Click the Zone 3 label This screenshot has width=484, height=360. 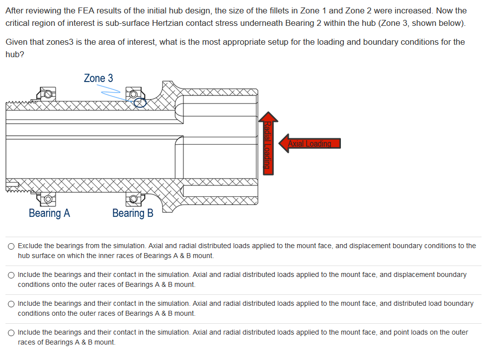point(98,78)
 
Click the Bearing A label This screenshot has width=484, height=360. point(49,213)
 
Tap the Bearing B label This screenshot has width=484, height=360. point(133,213)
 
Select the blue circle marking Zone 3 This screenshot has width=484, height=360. point(141,102)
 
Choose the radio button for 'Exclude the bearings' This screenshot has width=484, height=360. point(11,246)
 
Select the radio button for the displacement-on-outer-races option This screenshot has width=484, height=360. point(11,275)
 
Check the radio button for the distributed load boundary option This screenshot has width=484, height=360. point(11,304)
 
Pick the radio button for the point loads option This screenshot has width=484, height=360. point(11,333)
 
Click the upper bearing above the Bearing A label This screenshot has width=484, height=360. point(47,93)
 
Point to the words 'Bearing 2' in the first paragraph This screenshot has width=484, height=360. point(318,23)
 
